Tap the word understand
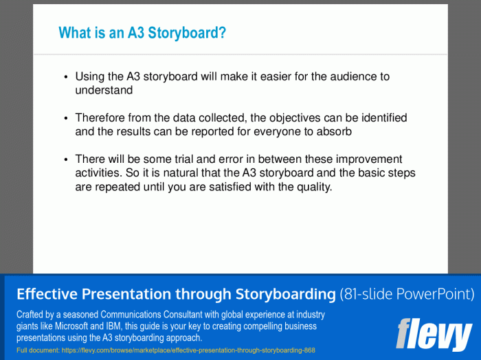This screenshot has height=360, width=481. point(104,90)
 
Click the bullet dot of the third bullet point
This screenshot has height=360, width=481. point(66,159)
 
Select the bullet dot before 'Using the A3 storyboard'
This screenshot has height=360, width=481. point(66,77)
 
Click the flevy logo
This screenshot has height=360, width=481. point(434,334)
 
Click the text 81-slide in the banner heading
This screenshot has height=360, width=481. point(372,295)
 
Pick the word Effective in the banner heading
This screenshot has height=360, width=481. point(46,295)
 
